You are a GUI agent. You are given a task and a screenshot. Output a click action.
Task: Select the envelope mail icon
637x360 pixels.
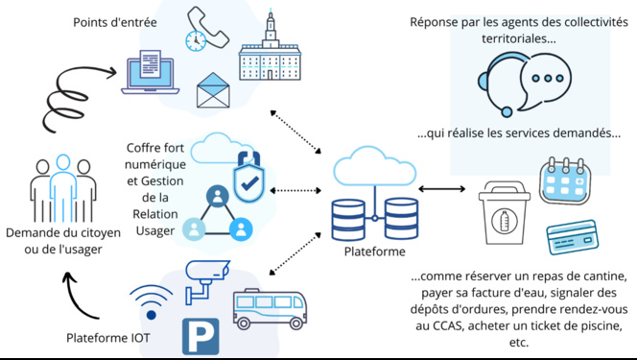coord(217,91)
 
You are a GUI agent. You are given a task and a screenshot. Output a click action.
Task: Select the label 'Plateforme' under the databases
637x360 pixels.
coord(375,252)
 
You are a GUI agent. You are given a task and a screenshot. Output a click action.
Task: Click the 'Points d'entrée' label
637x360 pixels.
coord(116,22)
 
